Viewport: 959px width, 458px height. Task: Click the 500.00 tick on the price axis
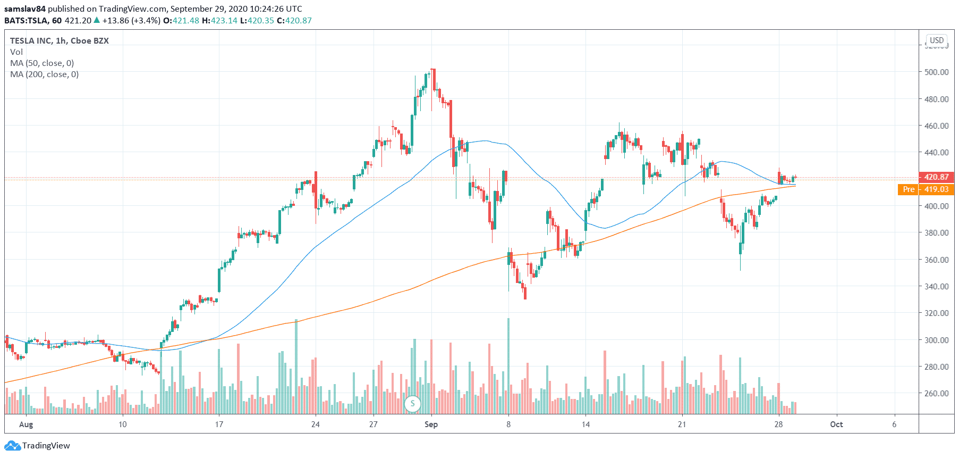click(936, 72)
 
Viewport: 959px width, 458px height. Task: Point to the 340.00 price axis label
click(936, 286)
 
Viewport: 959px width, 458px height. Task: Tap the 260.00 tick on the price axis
click(936, 394)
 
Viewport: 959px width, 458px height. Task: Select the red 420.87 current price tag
click(936, 177)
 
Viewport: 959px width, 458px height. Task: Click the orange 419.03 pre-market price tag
click(936, 189)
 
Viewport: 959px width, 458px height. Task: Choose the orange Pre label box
click(909, 189)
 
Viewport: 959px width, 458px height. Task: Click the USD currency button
click(936, 40)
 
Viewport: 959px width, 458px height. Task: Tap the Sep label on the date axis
click(431, 424)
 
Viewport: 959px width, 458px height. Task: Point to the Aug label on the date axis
click(26, 424)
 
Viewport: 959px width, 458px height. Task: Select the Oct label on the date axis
click(836, 424)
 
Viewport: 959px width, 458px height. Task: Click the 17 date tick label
click(219, 424)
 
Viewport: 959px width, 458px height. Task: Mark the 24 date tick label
click(316, 424)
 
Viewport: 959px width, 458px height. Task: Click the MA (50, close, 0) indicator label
click(42, 63)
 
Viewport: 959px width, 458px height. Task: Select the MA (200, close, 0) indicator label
click(44, 74)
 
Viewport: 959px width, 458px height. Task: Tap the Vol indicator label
click(16, 52)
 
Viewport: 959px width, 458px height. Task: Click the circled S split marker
click(412, 404)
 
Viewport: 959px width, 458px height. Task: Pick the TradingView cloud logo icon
click(12, 446)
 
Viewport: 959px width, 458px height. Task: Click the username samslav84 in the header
click(25, 9)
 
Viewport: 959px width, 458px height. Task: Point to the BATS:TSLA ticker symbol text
click(26, 21)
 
